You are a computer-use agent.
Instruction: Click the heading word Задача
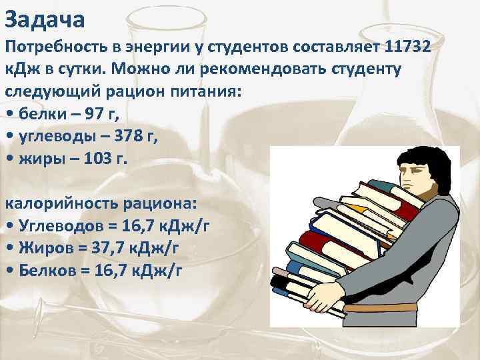click(45, 19)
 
